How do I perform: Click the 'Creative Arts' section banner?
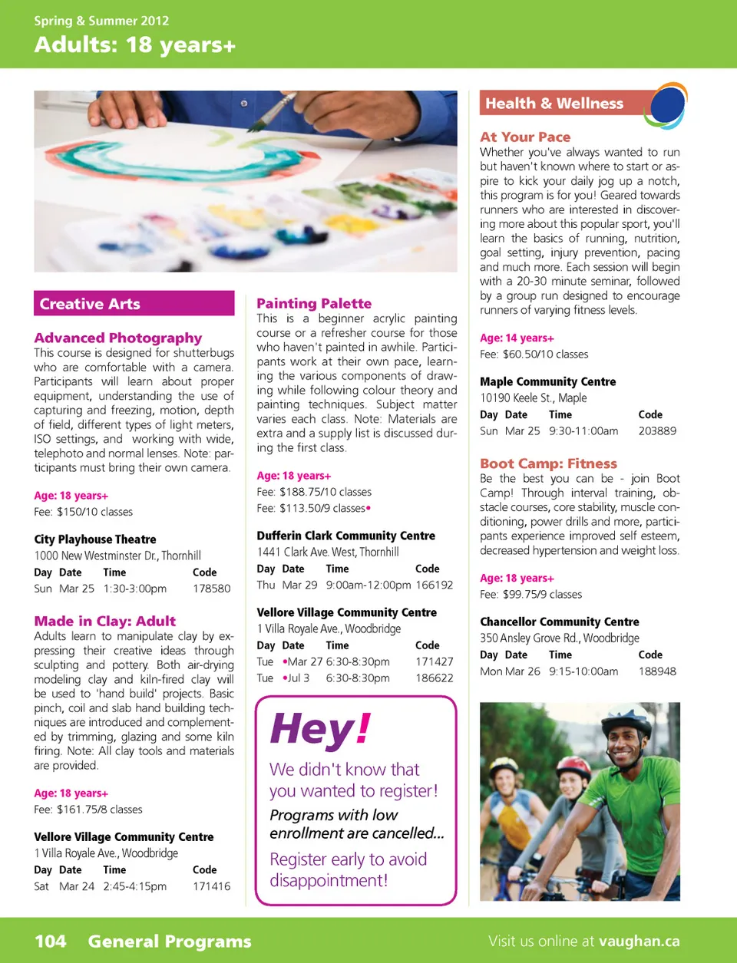(134, 304)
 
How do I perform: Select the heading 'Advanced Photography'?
(117, 338)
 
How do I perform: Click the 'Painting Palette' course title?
(314, 303)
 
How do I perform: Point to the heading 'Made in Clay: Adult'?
(104, 621)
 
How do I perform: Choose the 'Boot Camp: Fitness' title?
(548, 463)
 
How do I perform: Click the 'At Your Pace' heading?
(525, 137)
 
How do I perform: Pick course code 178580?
(211, 589)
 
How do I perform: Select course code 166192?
(434, 585)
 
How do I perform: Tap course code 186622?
(434, 678)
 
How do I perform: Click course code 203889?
(657, 431)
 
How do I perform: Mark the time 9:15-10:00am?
(583, 671)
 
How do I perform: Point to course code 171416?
(211, 886)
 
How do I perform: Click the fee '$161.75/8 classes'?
(99, 810)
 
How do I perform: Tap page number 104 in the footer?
(51, 942)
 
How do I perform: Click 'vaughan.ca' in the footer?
(639, 942)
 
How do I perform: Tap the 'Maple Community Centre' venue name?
(547, 381)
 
